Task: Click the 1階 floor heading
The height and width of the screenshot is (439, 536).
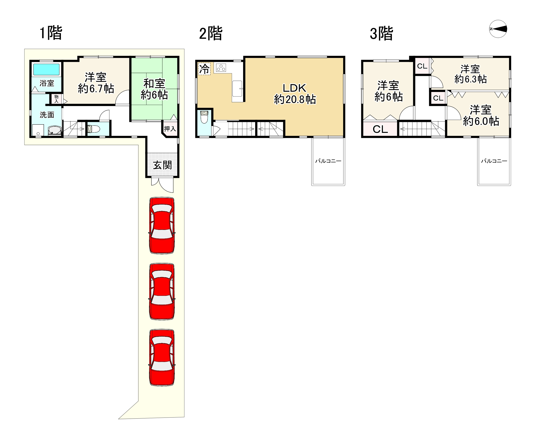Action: click(51, 33)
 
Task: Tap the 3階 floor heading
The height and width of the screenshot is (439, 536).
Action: click(381, 33)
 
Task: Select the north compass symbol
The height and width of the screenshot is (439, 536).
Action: click(498, 29)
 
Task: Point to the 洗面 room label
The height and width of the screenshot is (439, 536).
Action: click(47, 115)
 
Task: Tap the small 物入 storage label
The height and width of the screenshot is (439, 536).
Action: click(56, 99)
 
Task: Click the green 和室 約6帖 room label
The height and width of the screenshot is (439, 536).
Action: click(154, 89)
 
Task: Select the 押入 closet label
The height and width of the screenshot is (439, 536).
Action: click(170, 129)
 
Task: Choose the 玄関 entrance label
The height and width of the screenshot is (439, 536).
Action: click(162, 165)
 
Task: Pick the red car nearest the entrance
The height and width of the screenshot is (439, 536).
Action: click(162, 226)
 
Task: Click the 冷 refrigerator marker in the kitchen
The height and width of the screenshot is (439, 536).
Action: click(204, 69)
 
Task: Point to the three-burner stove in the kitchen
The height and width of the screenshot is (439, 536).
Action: click(221, 67)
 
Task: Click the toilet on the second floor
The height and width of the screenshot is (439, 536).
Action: click(204, 117)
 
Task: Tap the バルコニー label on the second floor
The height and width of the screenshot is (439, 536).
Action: click(328, 161)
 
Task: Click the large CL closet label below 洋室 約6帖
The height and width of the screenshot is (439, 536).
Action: click(380, 129)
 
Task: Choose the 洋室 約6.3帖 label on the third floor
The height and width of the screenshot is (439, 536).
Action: click(471, 74)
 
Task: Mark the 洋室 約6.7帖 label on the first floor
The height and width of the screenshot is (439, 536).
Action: click(96, 83)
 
